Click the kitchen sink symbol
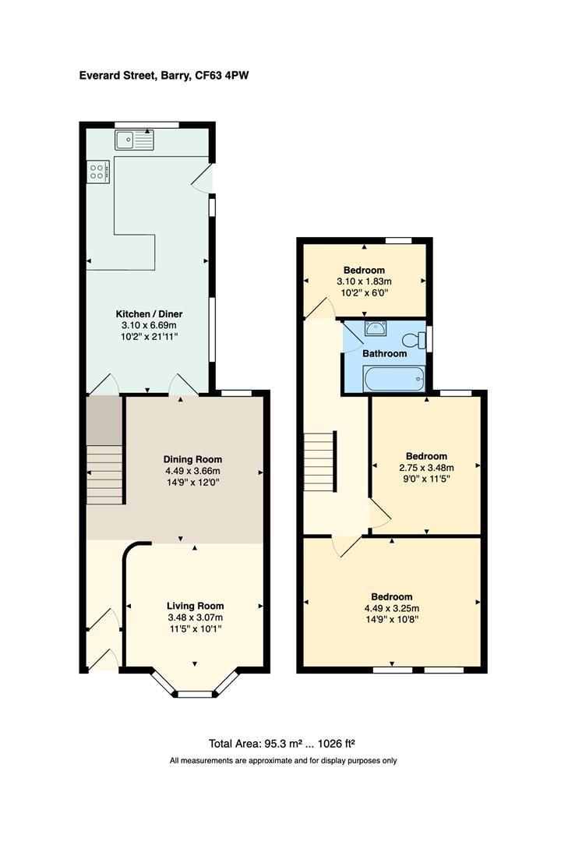pos(136,140)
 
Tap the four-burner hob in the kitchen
pos(98,171)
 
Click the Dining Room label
pos(192,459)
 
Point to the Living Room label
pos(195,606)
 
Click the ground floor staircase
pos(104,474)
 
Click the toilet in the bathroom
pos(412,340)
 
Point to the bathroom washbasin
pos(377,329)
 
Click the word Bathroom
pos(385,353)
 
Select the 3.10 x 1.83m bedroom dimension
pos(364,281)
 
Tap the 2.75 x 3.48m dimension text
pos(426,469)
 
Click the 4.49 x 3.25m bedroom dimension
pos(392,609)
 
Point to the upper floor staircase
pos(319,462)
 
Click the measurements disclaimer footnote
pos(282,760)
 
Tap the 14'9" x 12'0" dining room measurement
pos(192,483)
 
